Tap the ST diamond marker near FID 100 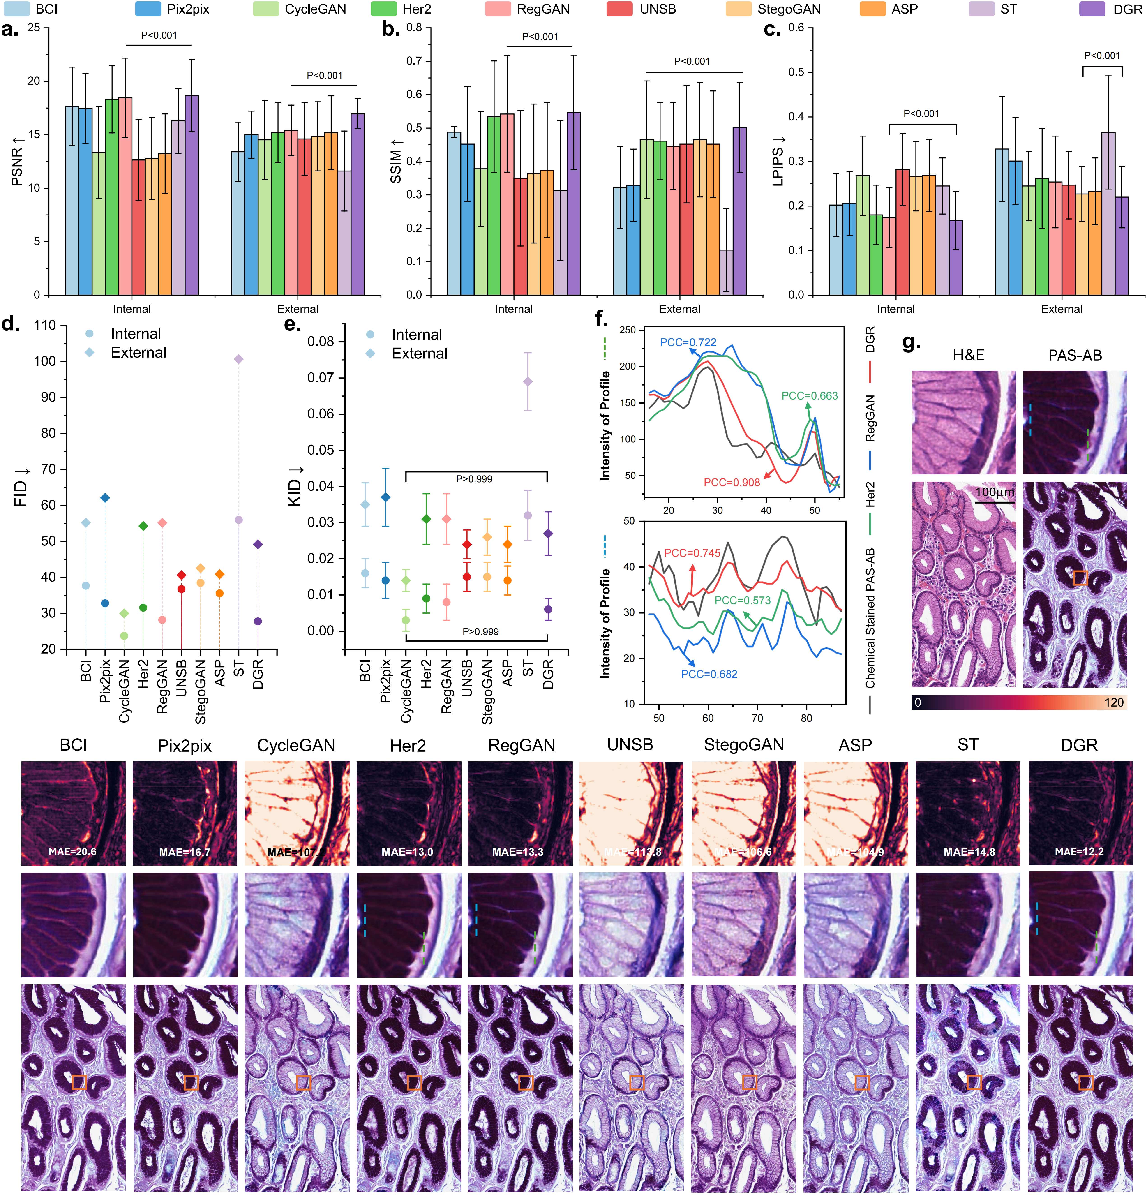tap(239, 359)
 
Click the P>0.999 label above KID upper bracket tap(474, 479)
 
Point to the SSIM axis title tap(396, 161)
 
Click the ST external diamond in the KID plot tap(528, 382)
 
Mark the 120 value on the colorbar tap(1113, 702)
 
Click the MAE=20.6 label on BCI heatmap tap(73, 851)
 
